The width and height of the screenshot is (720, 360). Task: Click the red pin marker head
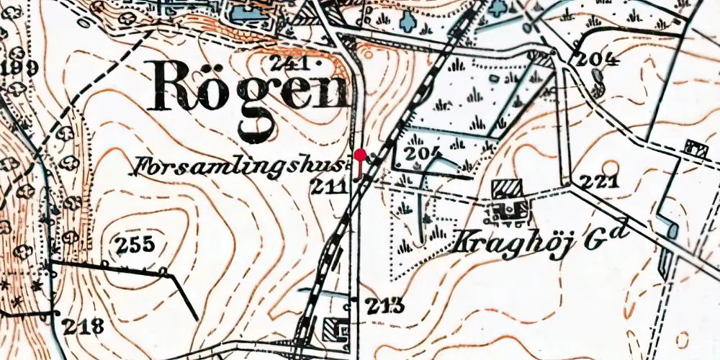[359, 154]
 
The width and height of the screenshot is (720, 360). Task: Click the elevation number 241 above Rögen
[290, 63]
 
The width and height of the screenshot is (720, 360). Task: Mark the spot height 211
[328, 187]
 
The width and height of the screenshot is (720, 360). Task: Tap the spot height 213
[383, 305]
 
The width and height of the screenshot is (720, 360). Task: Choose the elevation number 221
[599, 181]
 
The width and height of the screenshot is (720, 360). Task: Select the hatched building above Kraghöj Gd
[508, 189]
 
